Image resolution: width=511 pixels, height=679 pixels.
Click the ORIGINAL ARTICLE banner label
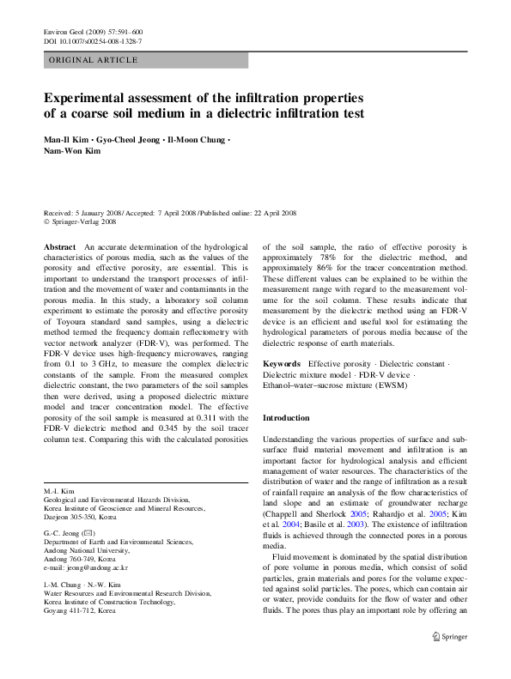(x=93, y=60)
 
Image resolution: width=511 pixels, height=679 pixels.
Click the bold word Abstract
(x=59, y=246)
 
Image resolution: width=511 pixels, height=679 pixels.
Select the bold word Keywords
(x=283, y=364)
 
